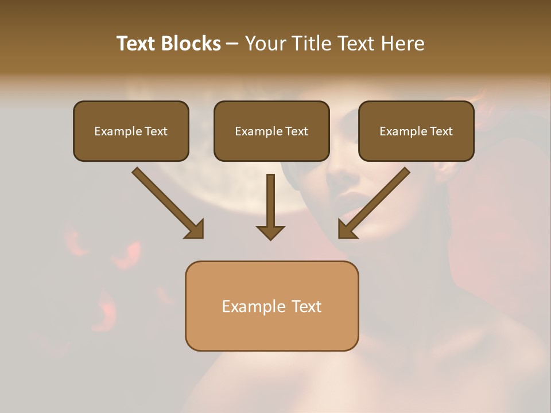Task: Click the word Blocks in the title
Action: tap(191, 44)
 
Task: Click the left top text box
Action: tap(131, 131)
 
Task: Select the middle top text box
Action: tap(271, 131)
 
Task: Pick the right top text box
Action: tap(416, 131)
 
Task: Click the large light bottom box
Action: tap(271, 306)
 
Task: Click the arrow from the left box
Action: tap(167, 202)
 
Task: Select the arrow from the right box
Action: tap(375, 202)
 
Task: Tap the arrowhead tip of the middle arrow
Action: tap(270, 239)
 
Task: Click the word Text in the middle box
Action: tap(297, 131)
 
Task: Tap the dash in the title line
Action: tap(232, 44)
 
